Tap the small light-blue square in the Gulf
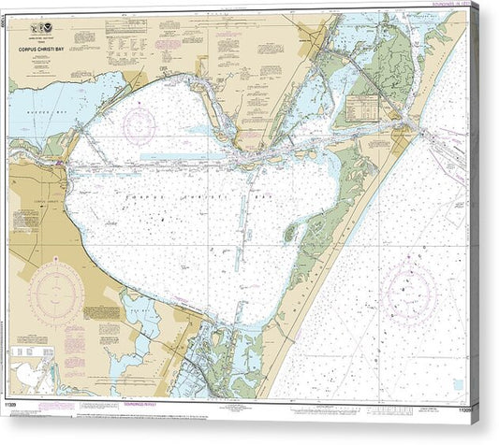click(x=459, y=383)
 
